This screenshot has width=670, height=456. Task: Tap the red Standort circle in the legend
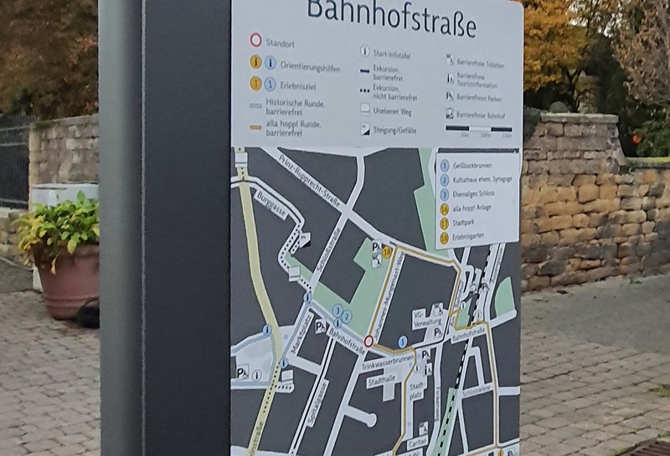(x=255, y=39)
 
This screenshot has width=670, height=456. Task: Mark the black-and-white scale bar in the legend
(x=479, y=128)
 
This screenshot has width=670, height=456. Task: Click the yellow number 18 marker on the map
(x=386, y=250)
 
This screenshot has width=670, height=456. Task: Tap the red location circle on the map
(x=368, y=341)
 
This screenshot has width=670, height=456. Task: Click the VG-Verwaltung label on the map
(x=424, y=319)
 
